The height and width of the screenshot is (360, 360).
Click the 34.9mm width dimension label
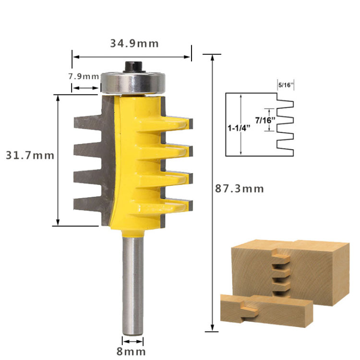(134, 44)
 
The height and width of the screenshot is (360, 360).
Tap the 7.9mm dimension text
(83, 76)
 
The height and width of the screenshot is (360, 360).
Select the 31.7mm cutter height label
(30, 156)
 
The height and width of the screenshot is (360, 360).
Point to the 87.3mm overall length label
(240, 189)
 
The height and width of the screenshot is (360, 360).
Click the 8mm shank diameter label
(132, 351)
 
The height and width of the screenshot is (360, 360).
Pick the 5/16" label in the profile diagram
(286, 85)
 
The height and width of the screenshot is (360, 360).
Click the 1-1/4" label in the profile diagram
(239, 129)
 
